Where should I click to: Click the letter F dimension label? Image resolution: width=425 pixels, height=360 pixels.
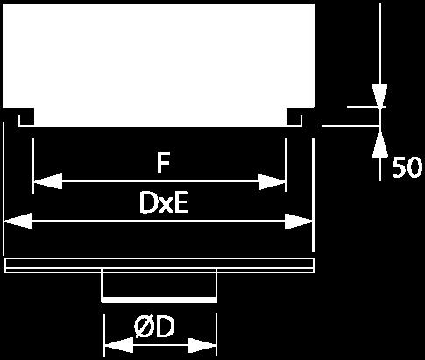[163, 163]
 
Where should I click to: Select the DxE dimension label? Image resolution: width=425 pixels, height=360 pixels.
[164, 203]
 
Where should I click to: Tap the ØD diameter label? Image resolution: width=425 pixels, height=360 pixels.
[154, 327]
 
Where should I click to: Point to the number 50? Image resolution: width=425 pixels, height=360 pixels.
[407, 167]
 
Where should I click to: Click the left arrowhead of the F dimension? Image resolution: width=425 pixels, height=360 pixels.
[48, 181]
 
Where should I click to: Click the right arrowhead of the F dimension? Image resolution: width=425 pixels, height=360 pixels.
[272, 182]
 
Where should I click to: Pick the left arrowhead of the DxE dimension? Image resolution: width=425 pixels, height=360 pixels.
[18, 221]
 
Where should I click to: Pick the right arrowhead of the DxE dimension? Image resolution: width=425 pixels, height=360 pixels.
[299, 222]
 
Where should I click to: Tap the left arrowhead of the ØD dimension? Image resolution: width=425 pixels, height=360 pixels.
[119, 345]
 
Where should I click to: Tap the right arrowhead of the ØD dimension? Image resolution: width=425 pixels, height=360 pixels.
[202, 346]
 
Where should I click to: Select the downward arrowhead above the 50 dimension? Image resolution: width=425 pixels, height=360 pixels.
[379, 95]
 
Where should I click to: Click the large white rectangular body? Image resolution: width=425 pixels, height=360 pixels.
[159, 64]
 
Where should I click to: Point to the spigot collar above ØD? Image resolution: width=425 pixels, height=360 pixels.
[159, 286]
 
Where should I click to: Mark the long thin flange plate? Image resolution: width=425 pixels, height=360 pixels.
[160, 265]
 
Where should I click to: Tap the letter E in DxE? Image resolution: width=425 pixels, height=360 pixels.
[181, 203]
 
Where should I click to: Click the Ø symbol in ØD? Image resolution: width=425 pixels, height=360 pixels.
[144, 327]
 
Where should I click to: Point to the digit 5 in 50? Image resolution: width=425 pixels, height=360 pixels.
[399, 167]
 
